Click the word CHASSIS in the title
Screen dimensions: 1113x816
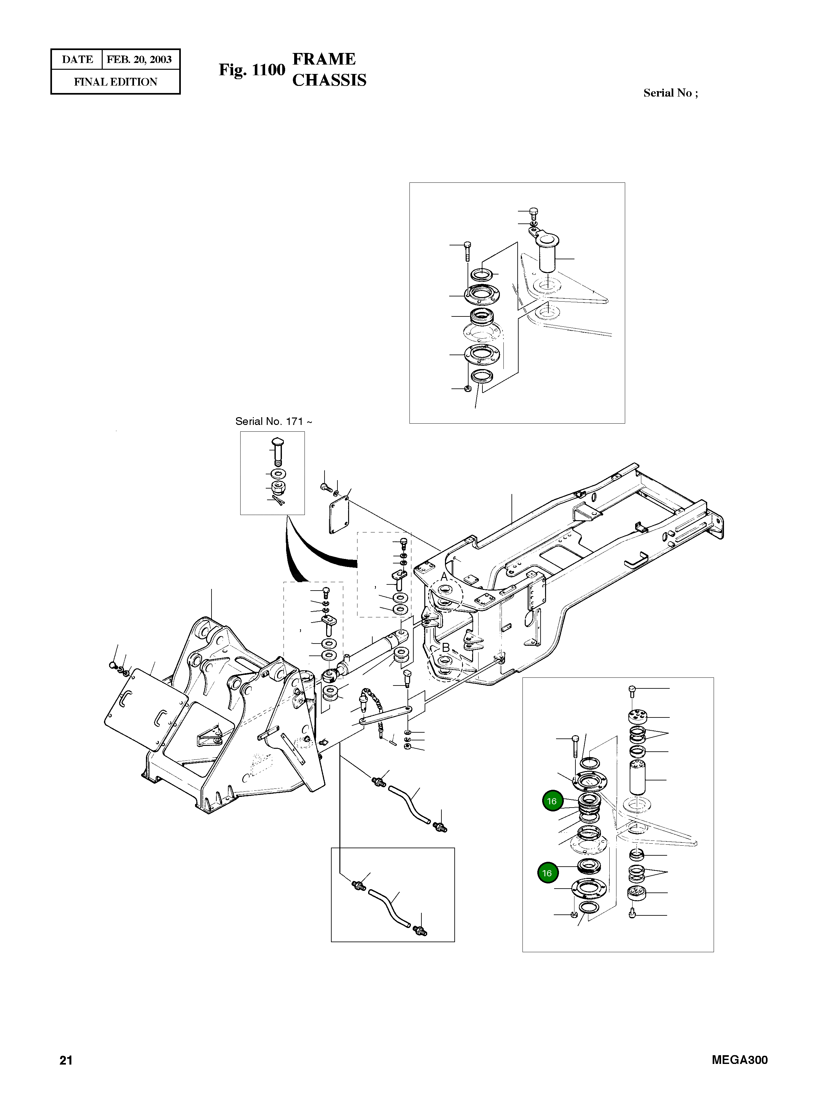(329, 80)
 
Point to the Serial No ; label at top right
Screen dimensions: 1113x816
(670, 93)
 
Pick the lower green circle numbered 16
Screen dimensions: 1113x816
(547, 873)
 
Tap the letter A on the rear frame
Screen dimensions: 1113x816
(444, 577)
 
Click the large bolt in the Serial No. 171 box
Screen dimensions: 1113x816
(278, 450)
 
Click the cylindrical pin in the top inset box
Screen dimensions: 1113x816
(547, 255)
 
